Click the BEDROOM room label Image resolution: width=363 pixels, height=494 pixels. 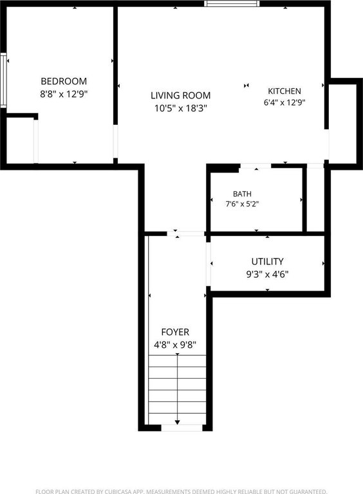coord(64,81)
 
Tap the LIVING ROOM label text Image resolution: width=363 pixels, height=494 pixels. coord(181,95)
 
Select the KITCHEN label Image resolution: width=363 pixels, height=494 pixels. coord(284,91)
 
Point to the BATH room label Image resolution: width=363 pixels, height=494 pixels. coord(242,194)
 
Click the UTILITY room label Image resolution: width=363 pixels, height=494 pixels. coord(267,262)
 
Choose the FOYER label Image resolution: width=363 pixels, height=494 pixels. coord(175,332)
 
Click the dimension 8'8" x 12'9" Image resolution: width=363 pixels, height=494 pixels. coord(64,94)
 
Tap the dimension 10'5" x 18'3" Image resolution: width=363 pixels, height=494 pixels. coord(181,108)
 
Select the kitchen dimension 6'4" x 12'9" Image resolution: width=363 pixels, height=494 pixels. coord(284,102)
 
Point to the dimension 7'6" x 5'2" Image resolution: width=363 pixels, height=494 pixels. coord(242,204)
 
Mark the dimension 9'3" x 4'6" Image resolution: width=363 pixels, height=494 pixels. coord(267,275)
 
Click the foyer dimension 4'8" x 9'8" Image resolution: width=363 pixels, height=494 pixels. coord(175,345)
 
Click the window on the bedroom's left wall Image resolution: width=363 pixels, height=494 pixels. coord(3,80)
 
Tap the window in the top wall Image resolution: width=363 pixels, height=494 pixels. coord(232,3)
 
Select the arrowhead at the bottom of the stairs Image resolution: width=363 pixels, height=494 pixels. coord(178,422)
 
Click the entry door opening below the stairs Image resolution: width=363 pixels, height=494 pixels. coord(181,428)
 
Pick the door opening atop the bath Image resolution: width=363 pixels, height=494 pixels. coord(256,166)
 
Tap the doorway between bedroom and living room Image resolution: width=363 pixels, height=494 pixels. coord(115,141)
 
